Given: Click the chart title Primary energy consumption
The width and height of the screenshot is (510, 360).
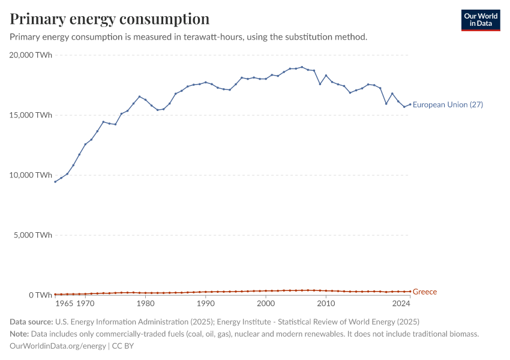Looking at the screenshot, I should pyautogui.click(x=110, y=19).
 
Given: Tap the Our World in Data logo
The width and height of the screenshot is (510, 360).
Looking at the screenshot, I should pyautogui.click(x=480, y=20).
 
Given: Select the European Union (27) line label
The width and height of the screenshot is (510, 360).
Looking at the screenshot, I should pyautogui.click(x=448, y=105).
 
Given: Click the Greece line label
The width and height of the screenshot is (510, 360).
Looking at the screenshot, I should pyautogui.click(x=425, y=292).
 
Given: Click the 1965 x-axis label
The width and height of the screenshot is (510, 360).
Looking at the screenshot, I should pyautogui.click(x=64, y=304).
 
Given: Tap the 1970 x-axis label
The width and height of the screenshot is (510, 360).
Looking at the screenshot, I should pyautogui.click(x=85, y=304).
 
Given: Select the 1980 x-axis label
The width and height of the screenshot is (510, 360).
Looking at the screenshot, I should pyautogui.click(x=145, y=304).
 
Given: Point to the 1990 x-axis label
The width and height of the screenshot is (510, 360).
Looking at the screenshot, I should pyautogui.click(x=206, y=304).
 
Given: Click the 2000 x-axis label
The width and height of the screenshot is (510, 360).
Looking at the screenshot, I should pyautogui.click(x=266, y=304).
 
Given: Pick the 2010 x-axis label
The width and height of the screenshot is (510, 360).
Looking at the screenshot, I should pyautogui.click(x=326, y=304).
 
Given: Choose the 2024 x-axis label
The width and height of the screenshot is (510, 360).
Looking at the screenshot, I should pyautogui.click(x=401, y=304).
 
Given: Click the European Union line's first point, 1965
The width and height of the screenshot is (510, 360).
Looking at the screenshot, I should pyautogui.click(x=55, y=182).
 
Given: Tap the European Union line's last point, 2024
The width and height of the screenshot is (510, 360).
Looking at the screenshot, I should pyautogui.click(x=410, y=104).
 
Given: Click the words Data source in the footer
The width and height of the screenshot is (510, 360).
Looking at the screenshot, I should pyautogui.click(x=31, y=322).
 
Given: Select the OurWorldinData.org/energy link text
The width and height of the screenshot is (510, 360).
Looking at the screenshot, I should pyautogui.click(x=58, y=346).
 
